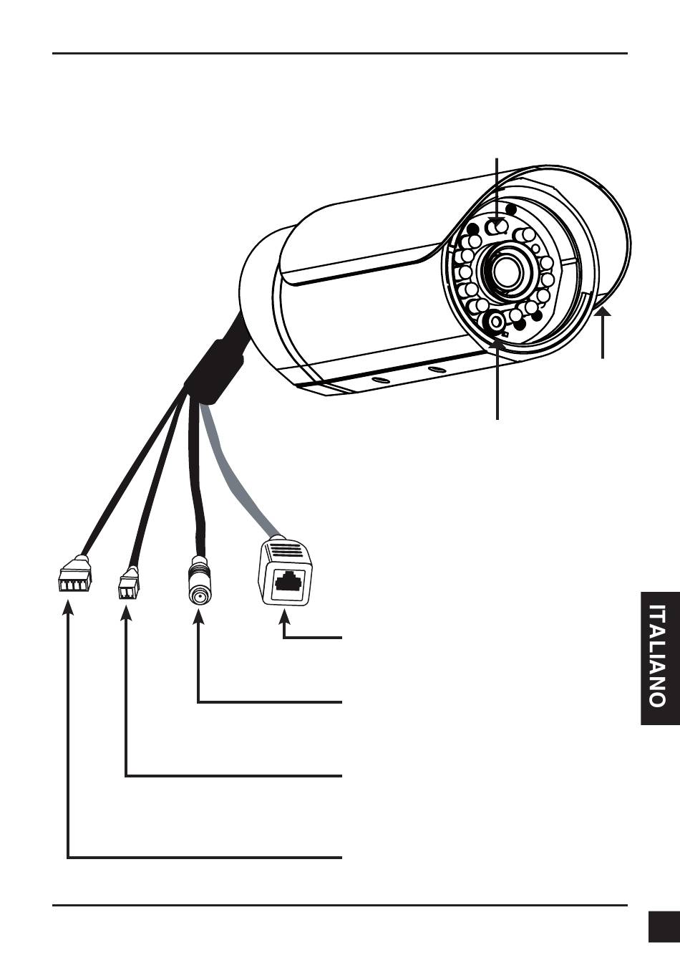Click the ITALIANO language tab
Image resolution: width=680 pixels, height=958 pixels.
[659, 657]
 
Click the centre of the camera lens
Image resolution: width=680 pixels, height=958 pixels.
[507, 270]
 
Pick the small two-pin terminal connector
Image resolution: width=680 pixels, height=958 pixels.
[128, 585]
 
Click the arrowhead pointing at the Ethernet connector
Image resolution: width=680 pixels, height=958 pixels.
[285, 614]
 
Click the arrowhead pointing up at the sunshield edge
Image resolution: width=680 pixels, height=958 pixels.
[603, 313]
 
